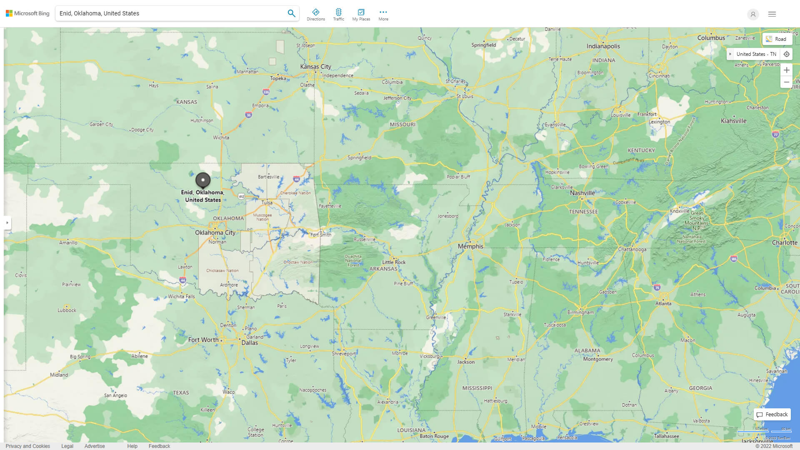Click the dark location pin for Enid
coord(203,180)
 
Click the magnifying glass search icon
coord(291,13)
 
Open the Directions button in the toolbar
coord(316,15)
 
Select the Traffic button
coord(338,15)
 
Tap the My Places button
coord(361,15)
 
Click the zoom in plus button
coord(786,70)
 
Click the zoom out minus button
coord(786,82)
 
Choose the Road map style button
coord(777,39)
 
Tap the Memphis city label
coord(470,246)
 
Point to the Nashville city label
coord(582,193)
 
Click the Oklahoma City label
coord(215,232)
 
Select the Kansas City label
coord(315,67)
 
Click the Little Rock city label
coord(394,262)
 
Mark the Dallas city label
coord(250,343)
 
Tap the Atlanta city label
coord(663,303)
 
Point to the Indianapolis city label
coord(603,46)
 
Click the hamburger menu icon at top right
coord(772,14)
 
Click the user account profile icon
coord(753,14)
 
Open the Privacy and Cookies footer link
coord(28,446)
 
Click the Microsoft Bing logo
coord(27,13)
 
